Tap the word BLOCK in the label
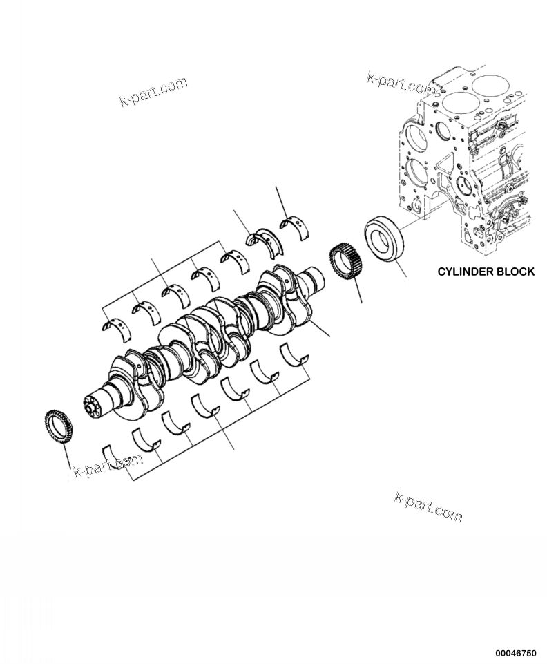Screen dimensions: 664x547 point(515,272)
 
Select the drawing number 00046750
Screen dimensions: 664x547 point(515,652)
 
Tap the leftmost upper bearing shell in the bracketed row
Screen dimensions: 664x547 point(115,325)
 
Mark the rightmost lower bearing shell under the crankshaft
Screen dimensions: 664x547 point(294,357)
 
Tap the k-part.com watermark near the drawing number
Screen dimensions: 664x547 point(428,507)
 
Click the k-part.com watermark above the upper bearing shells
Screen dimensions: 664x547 point(153,92)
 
